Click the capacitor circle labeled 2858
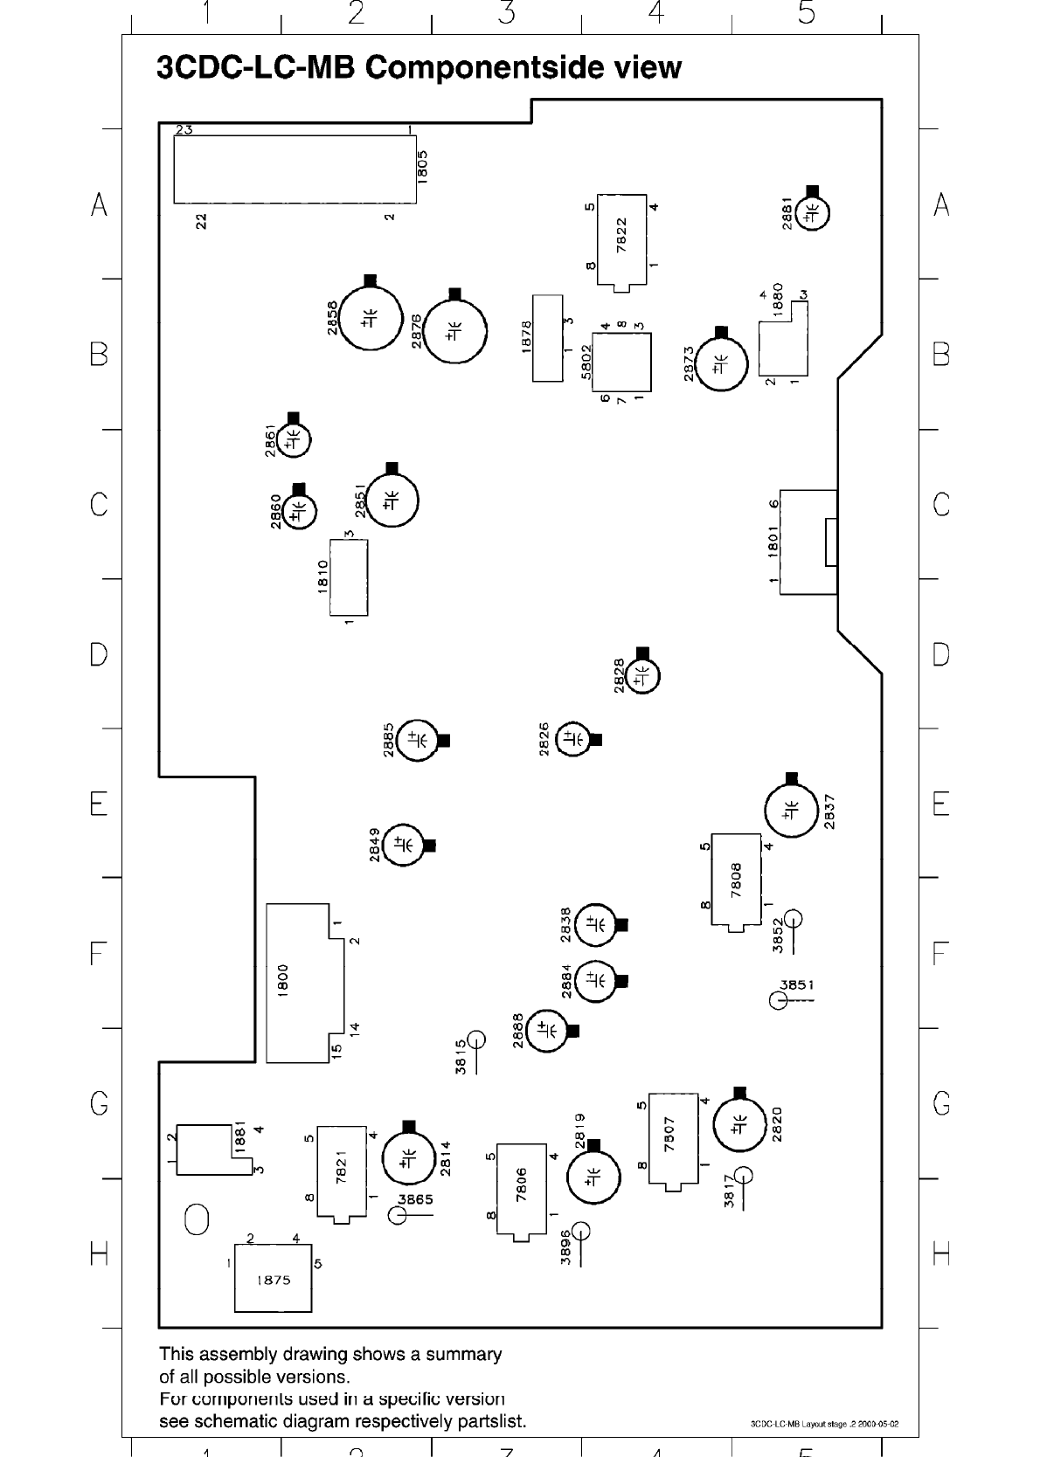coord(370,320)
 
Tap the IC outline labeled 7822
coord(621,238)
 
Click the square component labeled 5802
coord(621,362)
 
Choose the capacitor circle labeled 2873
coord(721,364)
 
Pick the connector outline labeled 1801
coord(807,542)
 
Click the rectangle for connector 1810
coord(349,577)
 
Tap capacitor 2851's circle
coord(392,501)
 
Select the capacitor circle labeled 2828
coord(642,675)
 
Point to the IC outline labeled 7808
coord(736,880)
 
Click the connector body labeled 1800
coord(298,983)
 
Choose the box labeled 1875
coord(273,1279)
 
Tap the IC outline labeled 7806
coord(522,1188)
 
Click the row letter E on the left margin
coord(99,804)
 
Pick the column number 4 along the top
coord(656,14)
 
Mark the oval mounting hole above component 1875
coord(197,1219)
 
